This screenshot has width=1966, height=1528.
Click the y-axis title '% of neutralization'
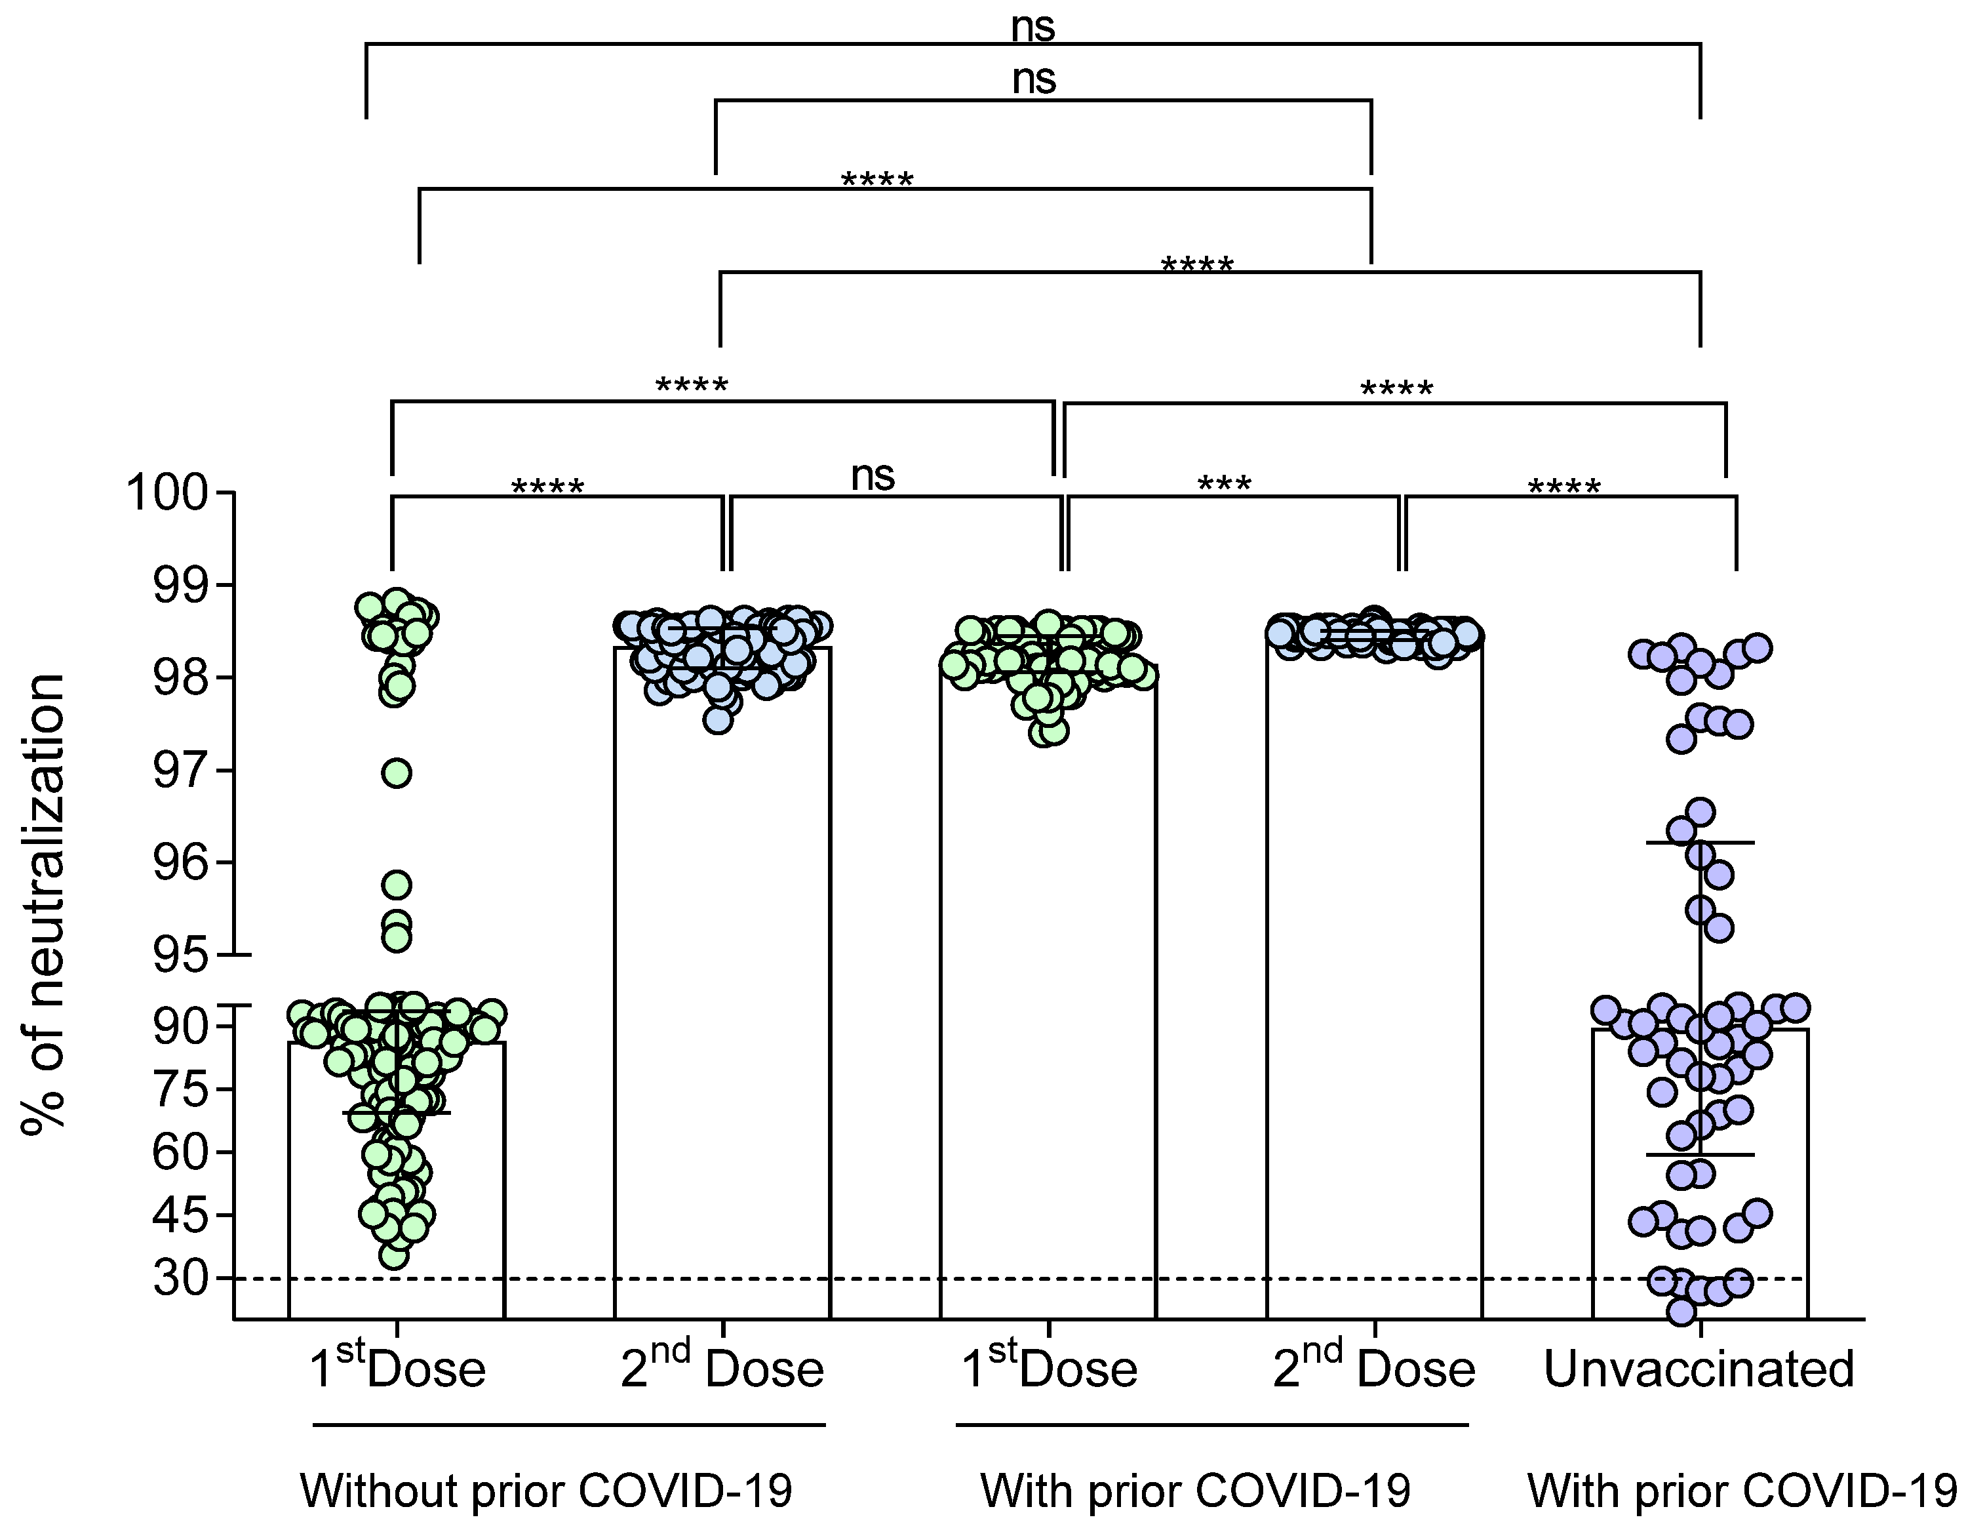coord(43,904)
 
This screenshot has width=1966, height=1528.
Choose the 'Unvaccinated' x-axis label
coord(1699,1369)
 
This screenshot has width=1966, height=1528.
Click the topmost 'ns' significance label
coord(1032,27)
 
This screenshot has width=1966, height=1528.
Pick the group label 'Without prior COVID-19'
coord(547,1490)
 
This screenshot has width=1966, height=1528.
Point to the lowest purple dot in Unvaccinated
coord(1681,1312)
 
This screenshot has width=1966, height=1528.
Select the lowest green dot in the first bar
coord(393,1255)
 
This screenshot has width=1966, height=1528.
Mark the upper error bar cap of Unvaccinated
coord(1700,842)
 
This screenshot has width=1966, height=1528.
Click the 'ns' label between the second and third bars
coord(873,475)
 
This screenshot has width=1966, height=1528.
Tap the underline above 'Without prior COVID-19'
coord(569,1424)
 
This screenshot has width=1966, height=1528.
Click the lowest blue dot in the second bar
coord(717,719)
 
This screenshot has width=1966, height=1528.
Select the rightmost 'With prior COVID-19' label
coord(1742,1490)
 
